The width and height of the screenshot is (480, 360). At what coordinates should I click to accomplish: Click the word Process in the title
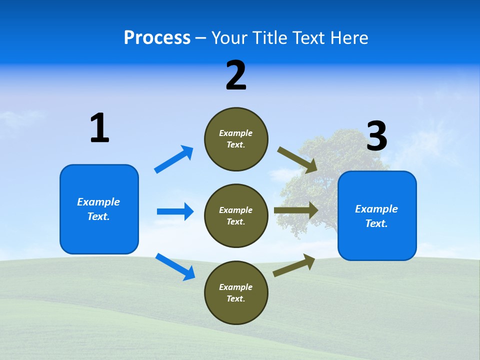157,38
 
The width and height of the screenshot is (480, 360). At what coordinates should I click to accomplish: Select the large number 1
99,128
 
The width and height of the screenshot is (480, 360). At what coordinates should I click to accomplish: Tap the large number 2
236,75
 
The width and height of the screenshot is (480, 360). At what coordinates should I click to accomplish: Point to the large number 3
376,136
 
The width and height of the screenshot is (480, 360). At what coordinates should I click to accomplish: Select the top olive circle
236,139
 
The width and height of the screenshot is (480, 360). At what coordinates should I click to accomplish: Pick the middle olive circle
236,216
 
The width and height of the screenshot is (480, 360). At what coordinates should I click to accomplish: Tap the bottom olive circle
236,293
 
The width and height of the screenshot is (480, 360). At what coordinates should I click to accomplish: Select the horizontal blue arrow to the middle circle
175,211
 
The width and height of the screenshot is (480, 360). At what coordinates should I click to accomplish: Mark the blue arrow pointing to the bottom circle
175,266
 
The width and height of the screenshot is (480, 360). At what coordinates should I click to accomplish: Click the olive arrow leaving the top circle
297,160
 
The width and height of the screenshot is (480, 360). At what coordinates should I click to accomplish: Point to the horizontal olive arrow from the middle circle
296,210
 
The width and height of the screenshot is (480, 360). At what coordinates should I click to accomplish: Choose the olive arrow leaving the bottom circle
294,265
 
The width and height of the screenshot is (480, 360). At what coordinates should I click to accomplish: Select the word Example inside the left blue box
98,202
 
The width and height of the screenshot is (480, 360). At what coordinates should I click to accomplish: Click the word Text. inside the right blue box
376,223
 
